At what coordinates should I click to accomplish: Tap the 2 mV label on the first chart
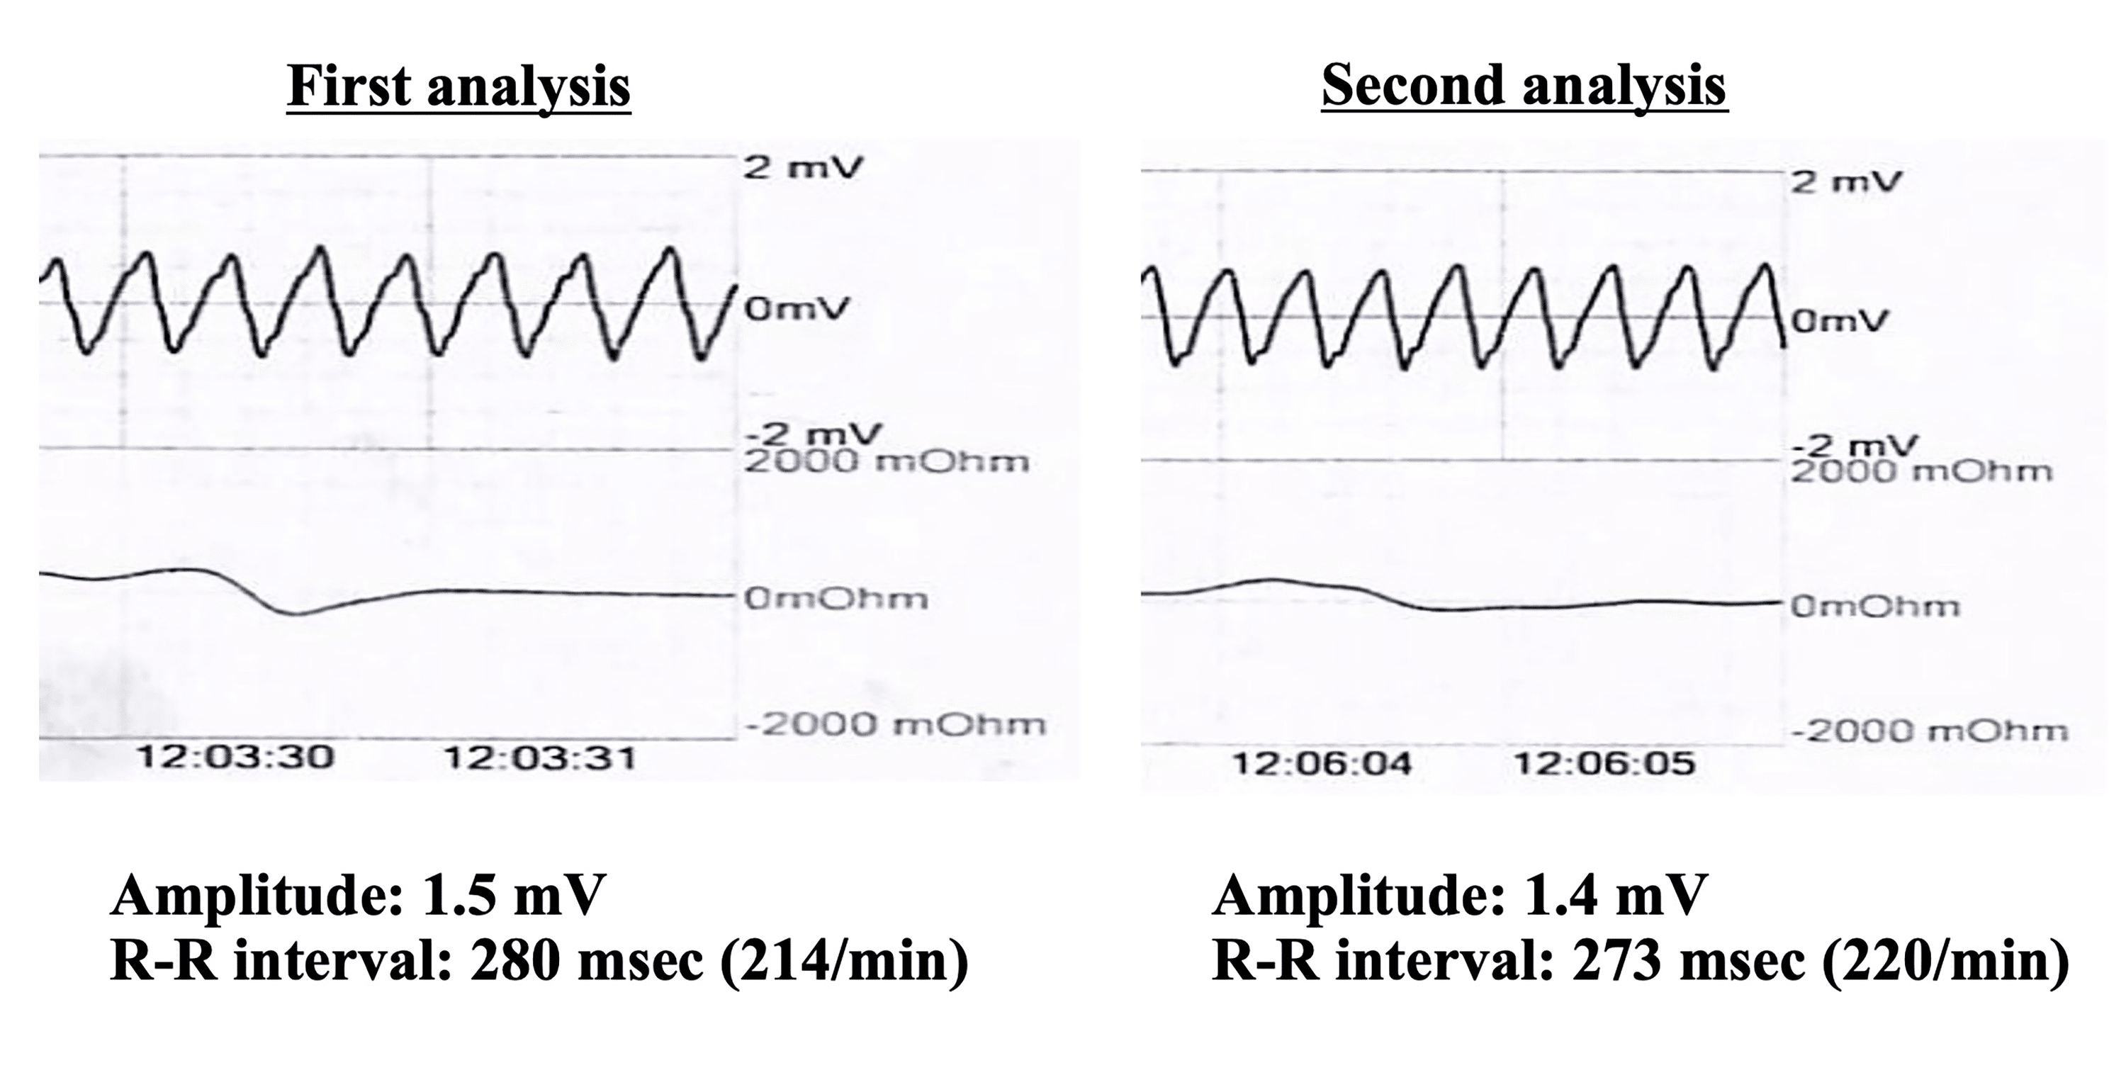802,169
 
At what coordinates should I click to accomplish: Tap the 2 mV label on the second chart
1845,181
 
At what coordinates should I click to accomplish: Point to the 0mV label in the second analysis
1840,320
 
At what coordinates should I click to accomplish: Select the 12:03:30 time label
235,757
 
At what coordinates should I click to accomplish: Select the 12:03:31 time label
541,758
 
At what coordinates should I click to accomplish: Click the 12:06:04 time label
1322,764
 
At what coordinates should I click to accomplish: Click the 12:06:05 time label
1604,764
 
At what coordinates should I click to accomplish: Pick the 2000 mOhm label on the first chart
887,461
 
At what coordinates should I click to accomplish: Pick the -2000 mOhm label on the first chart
896,725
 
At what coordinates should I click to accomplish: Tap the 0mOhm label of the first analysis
836,598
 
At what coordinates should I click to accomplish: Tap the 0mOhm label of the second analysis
1874,607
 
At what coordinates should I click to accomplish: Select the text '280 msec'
587,961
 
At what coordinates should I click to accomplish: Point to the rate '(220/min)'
1945,961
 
